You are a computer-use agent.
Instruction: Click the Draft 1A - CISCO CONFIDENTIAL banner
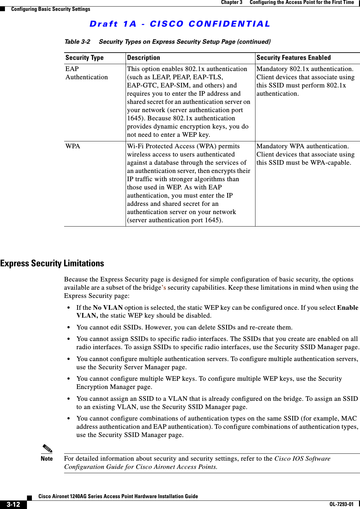pyautogui.click(x=180, y=24)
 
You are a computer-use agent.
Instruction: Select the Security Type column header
pyautogui.click(x=84, y=58)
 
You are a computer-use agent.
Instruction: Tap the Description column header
pyautogui.click(x=143, y=58)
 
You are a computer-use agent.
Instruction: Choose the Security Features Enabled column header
pyautogui.click(x=293, y=58)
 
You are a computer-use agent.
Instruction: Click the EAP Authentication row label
pyautogui.click(x=86, y=73)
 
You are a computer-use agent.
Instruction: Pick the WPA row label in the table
pyautogui.click(x=73, y=146)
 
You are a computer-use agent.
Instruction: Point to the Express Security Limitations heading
pyautogui.click(x=52, y=263)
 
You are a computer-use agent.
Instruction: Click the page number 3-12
pyautogui.click(x=13, y=504)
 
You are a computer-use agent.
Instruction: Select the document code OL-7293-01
pyautogui.click(x=341, y=504)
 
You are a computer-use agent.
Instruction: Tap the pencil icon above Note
pyautogui.click(x=47, y=448)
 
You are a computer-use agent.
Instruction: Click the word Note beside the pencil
pyautogui.click(x=47, y=459)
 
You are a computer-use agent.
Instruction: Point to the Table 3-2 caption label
pyautogui.click(x=77, y=42)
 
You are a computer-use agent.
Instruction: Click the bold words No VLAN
pyautogui.click(x=108, y=308)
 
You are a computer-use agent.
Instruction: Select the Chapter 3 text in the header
pyautogui.click(x=231, y=2)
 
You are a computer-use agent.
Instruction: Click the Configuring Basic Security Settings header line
pyautogui.click(x=51, y=9)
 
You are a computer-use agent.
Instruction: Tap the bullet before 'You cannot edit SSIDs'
pyautogui.click(x=68, y=327)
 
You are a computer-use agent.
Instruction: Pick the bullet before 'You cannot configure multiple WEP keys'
pyautogui.click(x=68, y=379)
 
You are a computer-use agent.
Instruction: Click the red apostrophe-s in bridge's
pyautogui.click(x=163, y=288)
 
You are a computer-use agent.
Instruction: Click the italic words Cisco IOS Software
pyautogui.click(x=302, y=459)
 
